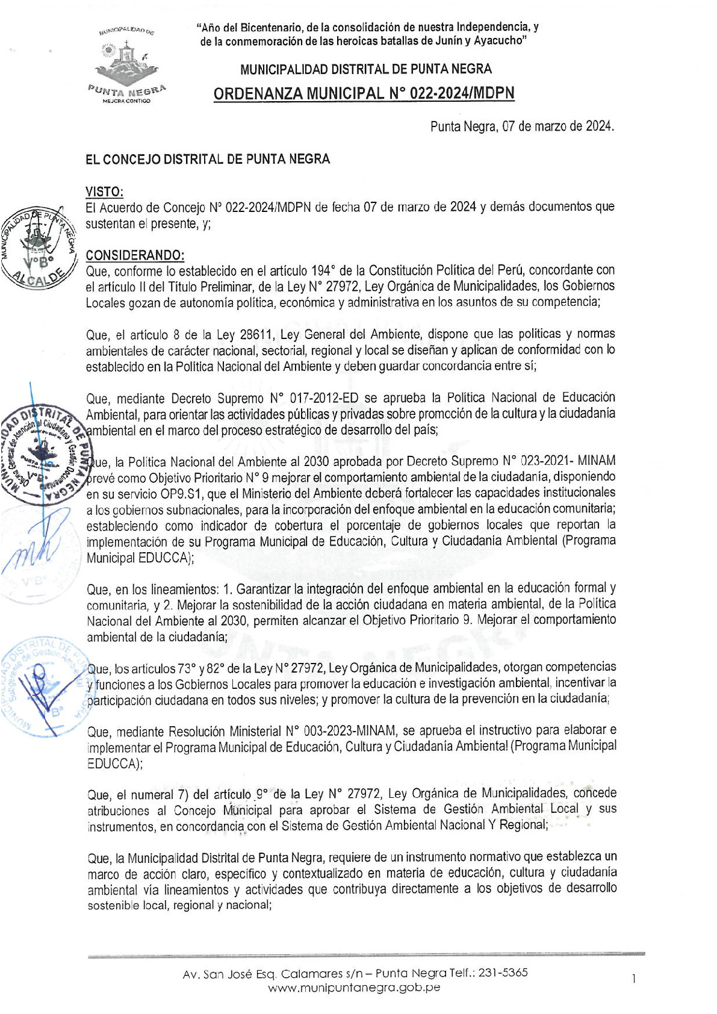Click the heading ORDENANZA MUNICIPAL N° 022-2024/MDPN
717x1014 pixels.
click(364, 93)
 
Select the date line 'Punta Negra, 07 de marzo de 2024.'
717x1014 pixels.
click(522, 126)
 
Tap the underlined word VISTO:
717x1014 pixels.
click(104, 191)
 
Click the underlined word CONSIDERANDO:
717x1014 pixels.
click(135, 255)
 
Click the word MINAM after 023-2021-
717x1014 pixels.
click(596, 461)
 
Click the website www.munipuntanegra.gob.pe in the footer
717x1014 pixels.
click(354, 988)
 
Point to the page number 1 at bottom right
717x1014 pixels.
click(633, 980)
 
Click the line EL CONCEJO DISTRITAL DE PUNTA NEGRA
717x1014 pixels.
click(208, 159)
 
